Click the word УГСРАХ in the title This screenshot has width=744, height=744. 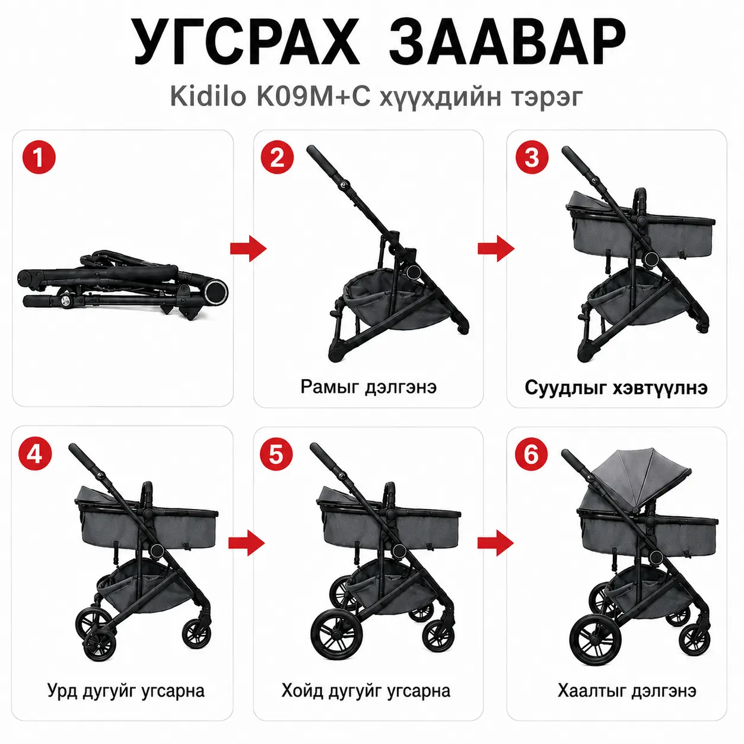[247, 42]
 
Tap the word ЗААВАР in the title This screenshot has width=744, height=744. [507, 42]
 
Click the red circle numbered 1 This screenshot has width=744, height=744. [39, 158]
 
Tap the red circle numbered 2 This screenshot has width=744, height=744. [277, 158]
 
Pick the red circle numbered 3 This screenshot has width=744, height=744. [532, 158]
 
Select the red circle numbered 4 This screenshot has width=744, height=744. [35, 453]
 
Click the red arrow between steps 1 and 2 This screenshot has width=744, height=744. [248, 248]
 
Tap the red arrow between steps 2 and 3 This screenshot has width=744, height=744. [496, 248]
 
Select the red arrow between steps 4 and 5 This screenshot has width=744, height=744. [246, 543]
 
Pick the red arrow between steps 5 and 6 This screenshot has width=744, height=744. [495, 543]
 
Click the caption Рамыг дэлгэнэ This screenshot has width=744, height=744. [368, 387]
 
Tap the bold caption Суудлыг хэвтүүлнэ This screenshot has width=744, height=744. [616, 387]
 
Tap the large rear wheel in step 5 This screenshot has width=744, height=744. [335, 632]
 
